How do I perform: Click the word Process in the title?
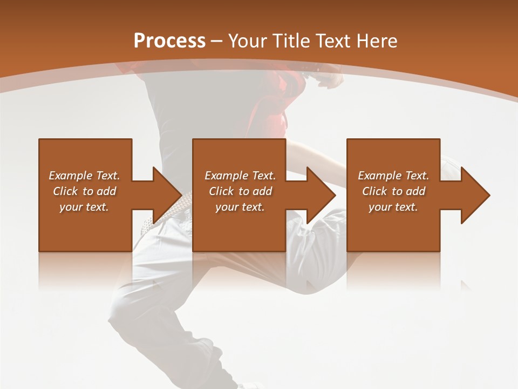click(x=169, y=41)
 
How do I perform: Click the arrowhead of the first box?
click(x=166, y=195)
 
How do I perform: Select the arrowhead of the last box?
click(x=474, y=195)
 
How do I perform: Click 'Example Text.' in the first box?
click(x=84, y=176)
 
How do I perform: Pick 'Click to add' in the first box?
click(x=84, y=191)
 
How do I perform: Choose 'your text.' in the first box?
click(x=84, y=207)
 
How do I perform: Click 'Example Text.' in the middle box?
click(x=240, y=176)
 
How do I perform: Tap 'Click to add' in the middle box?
click(x=240, y=191)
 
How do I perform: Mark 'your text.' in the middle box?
click(x=240, y=207)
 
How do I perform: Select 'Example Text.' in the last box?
click(x=393, y=176)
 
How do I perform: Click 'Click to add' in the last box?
click(x=393, y=191)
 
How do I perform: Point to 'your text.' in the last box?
click(x=393, y=207)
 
